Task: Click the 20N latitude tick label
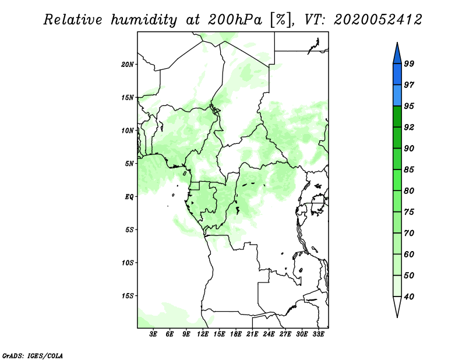pyautogui.click(x=127, y=65)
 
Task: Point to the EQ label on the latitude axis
pyautogui.click(x=129, y=197)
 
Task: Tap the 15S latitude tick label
pyautogui.click(x=127, y=296)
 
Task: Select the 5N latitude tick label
pyautogui.click(x=129, y=164)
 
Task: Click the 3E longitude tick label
pyautogui.click(x=153, y=334)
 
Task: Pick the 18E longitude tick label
pyautogui.click(x=236, y=334)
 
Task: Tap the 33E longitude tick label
pyautogui.click(x=318, y=334)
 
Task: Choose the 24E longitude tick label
pyautogui.click(x=269, y=334)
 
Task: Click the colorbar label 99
pyautogui.click(x=409, y=63)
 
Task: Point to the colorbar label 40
pyautogui.click(x=409, y=297)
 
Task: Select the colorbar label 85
pyautogui.click(x=409, y=170)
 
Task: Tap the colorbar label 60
pyautogui.click(x=409, y=254)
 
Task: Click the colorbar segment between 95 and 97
pyautogui.click(x=397, y=96)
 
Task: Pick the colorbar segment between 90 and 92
pyautogui.click(x=397, y=137)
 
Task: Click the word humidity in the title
pyautogui.click(x=144, y=20)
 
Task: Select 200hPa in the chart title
pyautogui.click(x=235, y=20)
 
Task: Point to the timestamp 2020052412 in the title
pyautogui.click(x=377, y=20)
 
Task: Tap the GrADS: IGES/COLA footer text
pyautogui.click(x=33, y=355)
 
